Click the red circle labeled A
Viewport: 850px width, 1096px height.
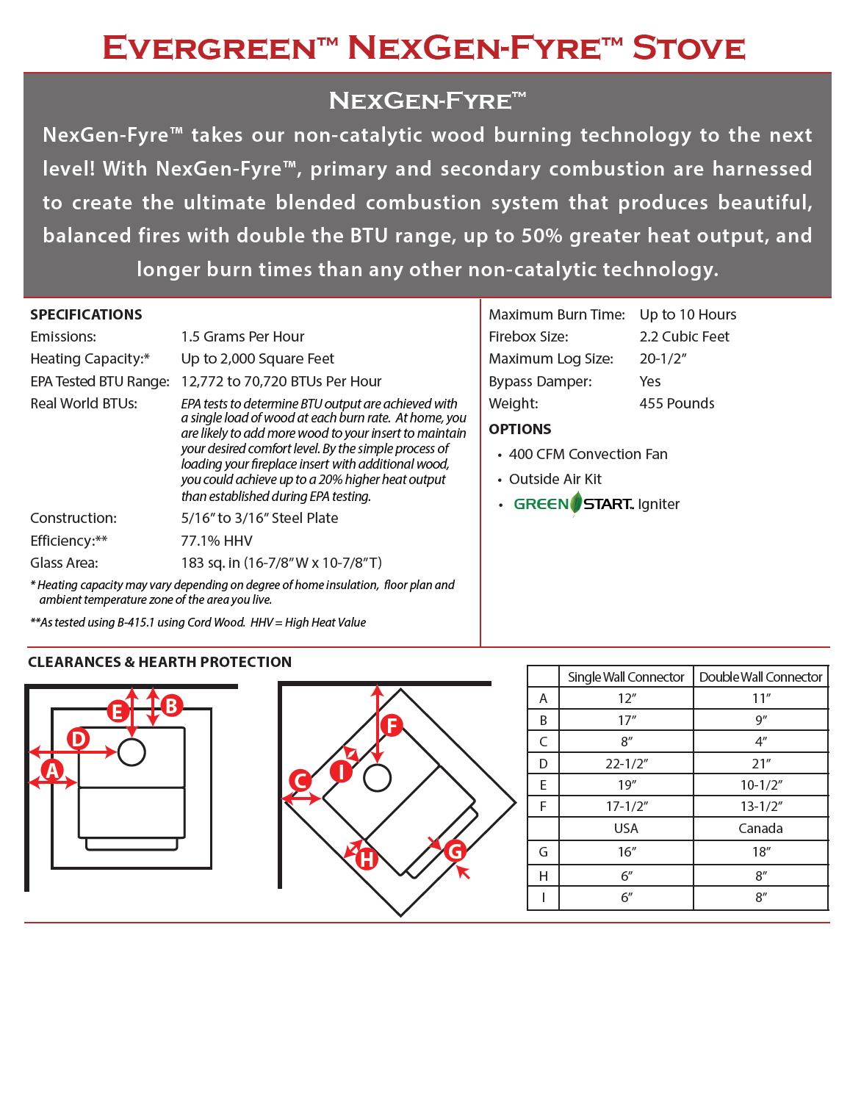51,771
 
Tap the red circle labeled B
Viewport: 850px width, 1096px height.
171,707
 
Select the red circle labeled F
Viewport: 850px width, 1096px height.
392,726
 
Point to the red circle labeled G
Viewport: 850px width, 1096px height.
455,851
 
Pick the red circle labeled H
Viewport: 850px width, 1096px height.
366,858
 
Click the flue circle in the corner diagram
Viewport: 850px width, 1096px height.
377,778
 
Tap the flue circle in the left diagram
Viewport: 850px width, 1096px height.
132,752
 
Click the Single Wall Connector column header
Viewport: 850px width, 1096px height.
626,677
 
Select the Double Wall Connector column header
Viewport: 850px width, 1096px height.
760,677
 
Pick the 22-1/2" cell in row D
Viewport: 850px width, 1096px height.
626,763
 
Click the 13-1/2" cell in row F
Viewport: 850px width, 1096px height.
760,806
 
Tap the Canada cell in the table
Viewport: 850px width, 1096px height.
760,828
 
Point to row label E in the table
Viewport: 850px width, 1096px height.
543,785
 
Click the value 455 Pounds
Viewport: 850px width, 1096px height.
677,403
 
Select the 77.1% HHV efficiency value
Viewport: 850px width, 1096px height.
217,541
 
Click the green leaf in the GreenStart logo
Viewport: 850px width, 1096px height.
576,504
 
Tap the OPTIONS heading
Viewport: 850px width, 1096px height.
519,429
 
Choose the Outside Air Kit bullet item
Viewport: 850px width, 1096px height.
555,479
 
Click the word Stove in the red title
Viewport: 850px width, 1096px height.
688,48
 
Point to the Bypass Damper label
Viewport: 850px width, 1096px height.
540,381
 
